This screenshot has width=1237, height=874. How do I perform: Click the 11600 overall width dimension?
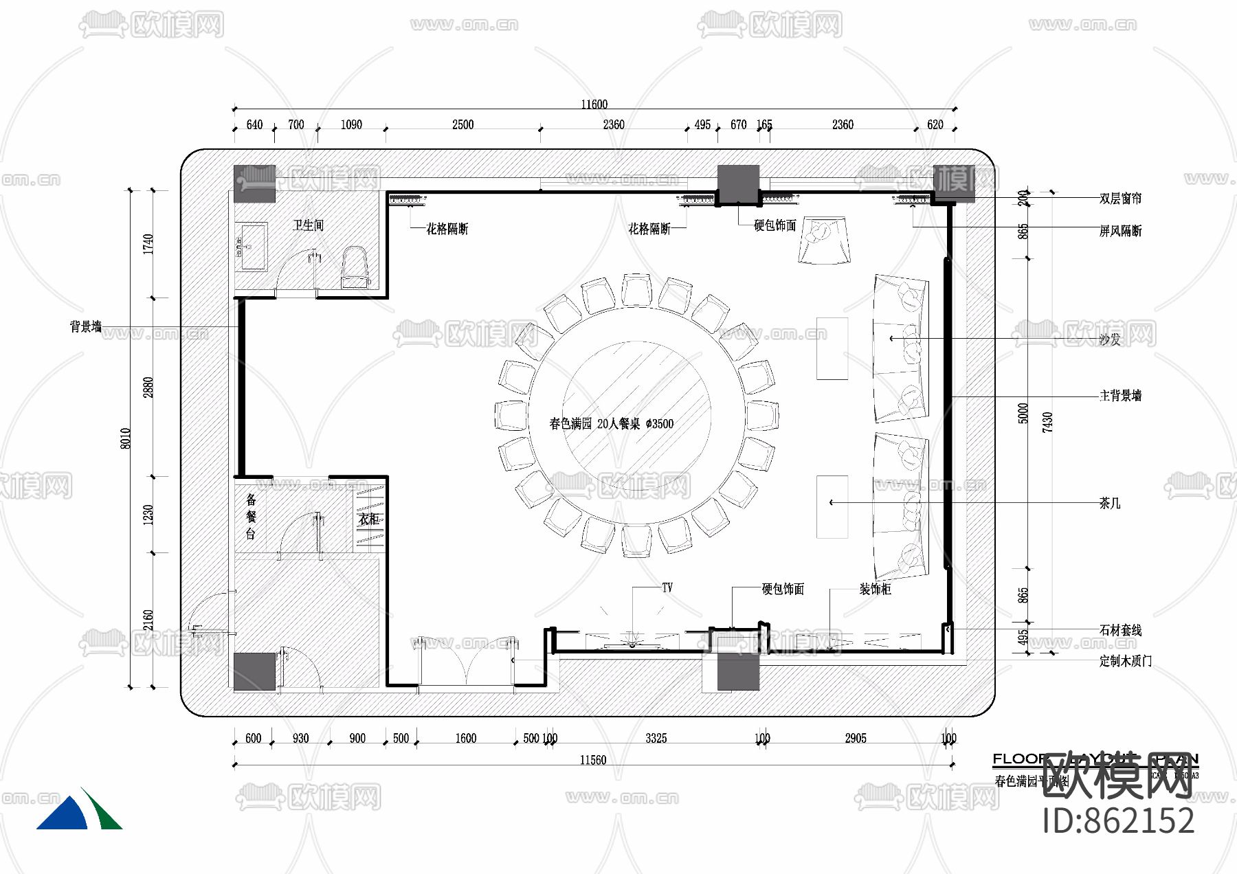594,104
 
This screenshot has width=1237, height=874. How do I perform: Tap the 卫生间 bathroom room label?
308,225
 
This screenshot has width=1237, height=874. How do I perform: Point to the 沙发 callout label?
1109,339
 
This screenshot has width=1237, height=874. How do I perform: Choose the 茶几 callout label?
1109,503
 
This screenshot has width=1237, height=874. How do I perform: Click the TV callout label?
667,587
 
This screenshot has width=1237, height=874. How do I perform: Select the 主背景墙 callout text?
1120,396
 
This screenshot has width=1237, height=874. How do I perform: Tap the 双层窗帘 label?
1120,199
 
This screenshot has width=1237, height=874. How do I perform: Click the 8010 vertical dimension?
126,438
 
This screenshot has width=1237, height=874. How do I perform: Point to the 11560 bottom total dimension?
592,760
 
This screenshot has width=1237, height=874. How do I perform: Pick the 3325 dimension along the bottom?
656,739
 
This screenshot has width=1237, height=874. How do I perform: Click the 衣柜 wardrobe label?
369,519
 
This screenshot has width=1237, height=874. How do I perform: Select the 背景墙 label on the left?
85,327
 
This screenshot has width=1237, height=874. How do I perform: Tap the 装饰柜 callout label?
875,589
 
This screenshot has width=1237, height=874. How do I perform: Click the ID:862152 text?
1118,820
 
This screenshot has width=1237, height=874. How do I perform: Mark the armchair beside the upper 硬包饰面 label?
824,240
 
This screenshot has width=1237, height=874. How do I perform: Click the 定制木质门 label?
1125,661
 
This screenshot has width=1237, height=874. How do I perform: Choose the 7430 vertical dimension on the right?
1047,422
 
